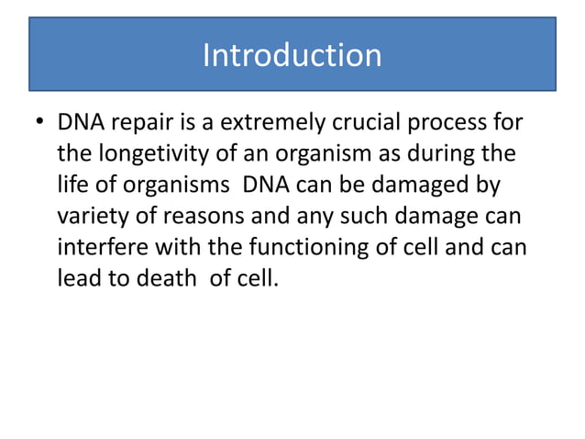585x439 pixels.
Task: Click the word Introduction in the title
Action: pyautogui.click(x=292, y=55)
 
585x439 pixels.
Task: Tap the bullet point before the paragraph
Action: pyautogui.click(x=39, y=123)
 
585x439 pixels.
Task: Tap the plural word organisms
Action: pyautogui.click(x=174, y=185)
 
